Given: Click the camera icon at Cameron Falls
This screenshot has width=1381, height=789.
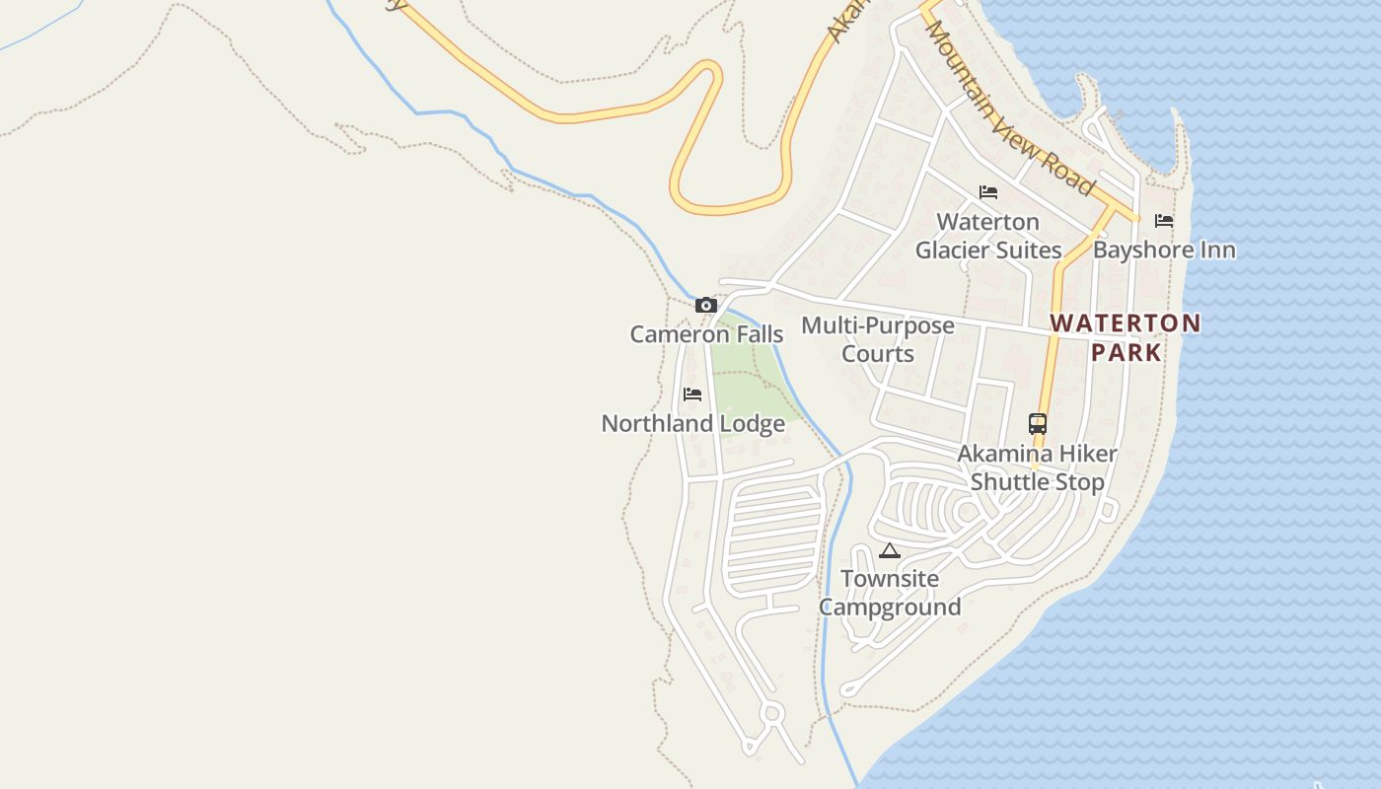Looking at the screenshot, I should (x=705, y=306).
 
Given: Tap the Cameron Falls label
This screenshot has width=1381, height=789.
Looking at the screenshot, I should (x=706, y=334).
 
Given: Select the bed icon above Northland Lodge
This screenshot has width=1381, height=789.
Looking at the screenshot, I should (x=692, y=394).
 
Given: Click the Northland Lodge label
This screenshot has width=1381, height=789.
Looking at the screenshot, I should (x=692, y=424).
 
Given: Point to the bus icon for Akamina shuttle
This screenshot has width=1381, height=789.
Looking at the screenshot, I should (x=1038, y=424).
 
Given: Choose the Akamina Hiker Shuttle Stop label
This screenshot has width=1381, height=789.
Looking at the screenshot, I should (x=1038, y=467).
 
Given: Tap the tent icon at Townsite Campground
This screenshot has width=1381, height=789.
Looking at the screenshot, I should (x=890, y=550).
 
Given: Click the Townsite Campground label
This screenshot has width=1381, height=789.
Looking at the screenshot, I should (x=890, y=593).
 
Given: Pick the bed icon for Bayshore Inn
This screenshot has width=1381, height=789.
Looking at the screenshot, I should (x=1164, y=221).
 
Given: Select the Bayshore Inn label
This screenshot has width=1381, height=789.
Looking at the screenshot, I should (x=1164, y=250).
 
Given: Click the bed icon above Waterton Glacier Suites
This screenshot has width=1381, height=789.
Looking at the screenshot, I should (x=988, y=192).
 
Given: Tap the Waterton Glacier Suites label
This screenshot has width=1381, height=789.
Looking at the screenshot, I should (x=988, y=236).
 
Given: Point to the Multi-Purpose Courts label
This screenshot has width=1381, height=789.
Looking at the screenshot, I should (x=878, y=339).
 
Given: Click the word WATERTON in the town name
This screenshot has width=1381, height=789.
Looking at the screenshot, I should (x=1126, y=323).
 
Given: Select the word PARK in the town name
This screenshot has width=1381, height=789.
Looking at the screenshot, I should (x=1126, y=352).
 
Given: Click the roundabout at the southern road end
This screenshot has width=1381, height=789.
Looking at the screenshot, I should (x=771, y=712).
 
